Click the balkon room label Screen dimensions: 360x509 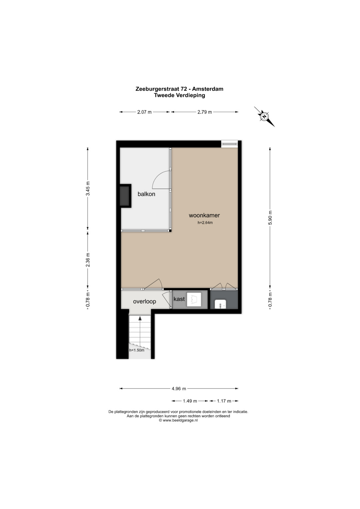pos(146,194)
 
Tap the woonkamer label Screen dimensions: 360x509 pos(204,215)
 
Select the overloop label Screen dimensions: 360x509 pos(145,302)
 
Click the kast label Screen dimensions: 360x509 pos(179,299)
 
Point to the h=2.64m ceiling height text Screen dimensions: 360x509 pos(205,223)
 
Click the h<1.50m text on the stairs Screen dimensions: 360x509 pos(137,350)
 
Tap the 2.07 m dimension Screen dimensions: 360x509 pos(144,112)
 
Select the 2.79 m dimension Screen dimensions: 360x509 pos(205,112)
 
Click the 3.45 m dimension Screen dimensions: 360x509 pos(88,188)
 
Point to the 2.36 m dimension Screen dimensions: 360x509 pos(88,260)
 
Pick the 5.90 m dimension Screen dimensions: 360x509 pos(270,217)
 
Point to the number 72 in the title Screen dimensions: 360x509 pos(183,89)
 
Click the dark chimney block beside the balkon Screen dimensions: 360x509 pos(125,196)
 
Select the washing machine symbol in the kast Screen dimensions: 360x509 pos(194,299)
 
